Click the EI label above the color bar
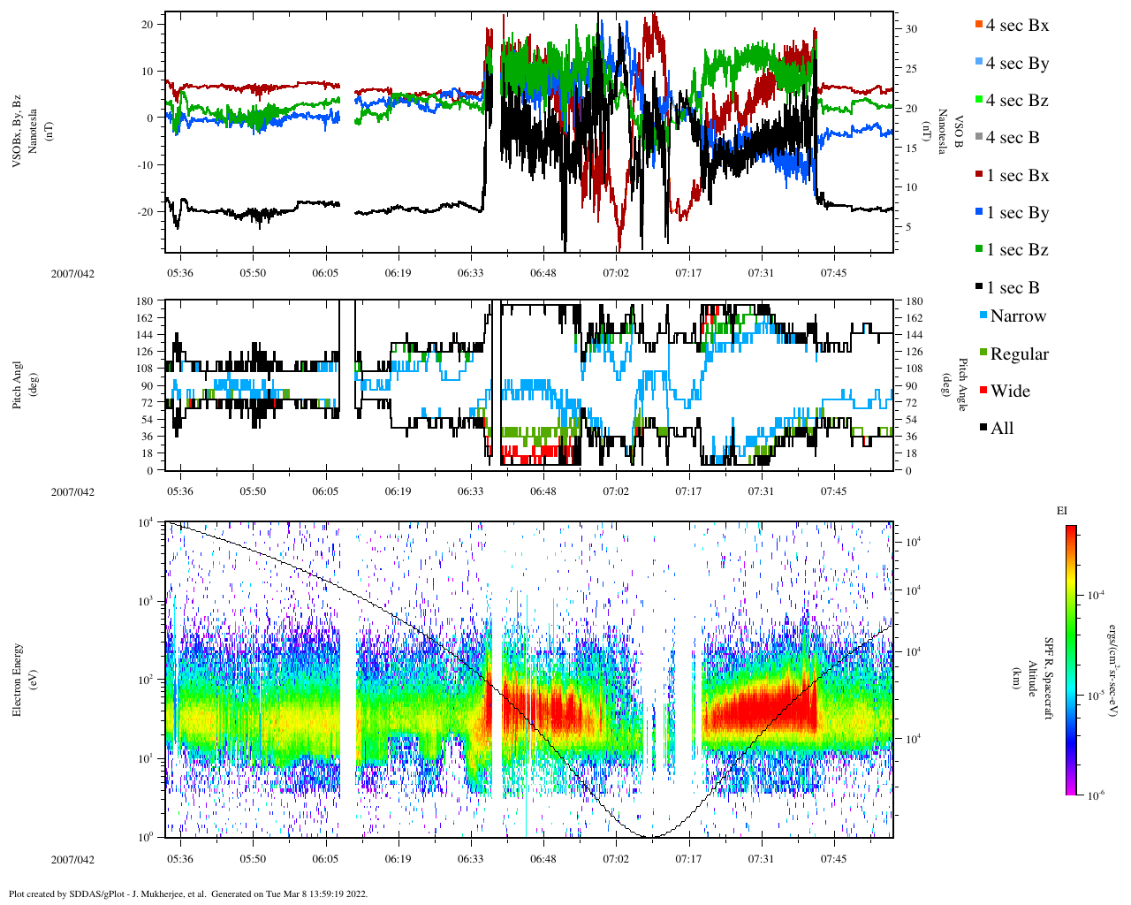pos(1062,511)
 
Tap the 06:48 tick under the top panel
pos(543,273)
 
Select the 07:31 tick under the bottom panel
pos(761,859)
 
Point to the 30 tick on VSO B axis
pos(911,29)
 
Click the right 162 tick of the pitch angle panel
pos(914,318)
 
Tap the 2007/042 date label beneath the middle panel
pos(72,492)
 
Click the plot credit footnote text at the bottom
pos(188,894)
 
